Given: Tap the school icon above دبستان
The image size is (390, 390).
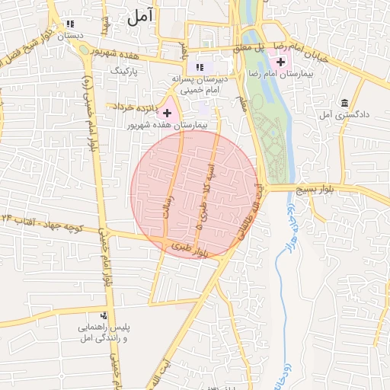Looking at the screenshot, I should point(71,24).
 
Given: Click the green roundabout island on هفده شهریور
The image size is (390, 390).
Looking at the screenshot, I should point(83,50).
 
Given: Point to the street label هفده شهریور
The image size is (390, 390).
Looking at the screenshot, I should point(113,54).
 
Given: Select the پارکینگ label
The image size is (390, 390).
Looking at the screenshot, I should point(127,70).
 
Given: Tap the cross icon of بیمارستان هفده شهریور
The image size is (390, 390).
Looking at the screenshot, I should point(167,113).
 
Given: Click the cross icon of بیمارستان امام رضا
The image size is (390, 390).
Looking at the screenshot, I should point(281,61).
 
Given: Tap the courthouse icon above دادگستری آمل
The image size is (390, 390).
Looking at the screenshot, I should point(344,103).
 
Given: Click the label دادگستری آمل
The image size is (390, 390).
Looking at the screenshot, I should point(345,114).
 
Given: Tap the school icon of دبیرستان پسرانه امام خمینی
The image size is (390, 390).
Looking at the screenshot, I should point(200,67).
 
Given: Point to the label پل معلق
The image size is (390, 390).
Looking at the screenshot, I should point(257,48).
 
